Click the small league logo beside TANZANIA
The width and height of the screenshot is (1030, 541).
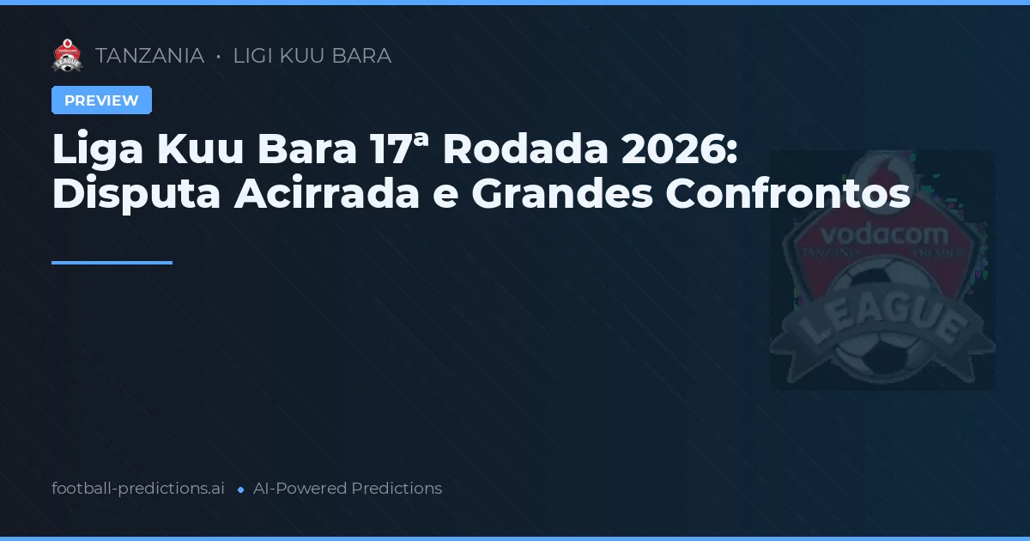tap(67, 56)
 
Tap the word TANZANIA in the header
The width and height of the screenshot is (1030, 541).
tap(149, 56)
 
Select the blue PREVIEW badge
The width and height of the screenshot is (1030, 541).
tap(101, 100)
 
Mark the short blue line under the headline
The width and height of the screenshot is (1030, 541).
tap(112, 263)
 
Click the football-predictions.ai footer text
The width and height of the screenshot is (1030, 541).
tap(138, 489)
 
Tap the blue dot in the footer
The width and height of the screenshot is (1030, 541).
tap(240, 489)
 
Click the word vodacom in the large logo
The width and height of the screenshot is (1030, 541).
tap(883, 234)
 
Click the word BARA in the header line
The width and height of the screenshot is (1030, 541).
tap(362, 56)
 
